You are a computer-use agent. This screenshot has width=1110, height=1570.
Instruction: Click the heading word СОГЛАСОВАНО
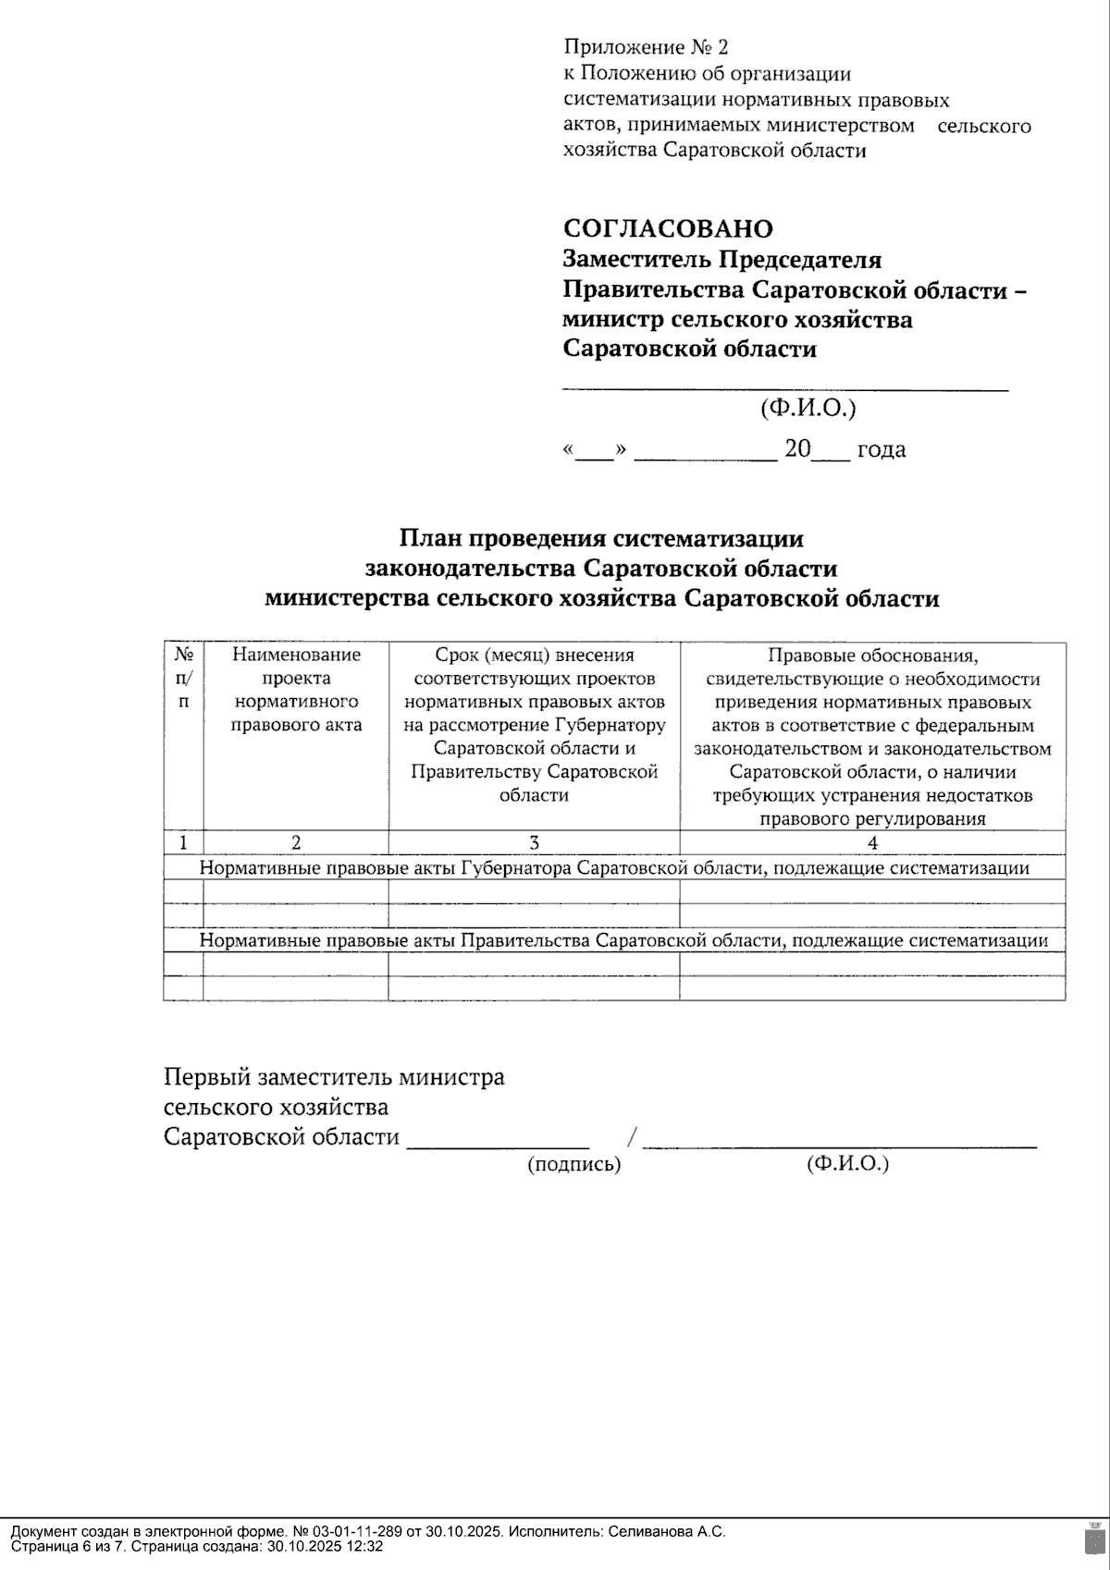pyautogui.click(x=668, y=228)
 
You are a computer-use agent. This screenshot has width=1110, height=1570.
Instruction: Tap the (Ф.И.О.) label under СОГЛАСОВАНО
pyautogui.click(x=808, y=408)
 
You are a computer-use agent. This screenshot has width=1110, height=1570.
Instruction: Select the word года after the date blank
pyautogui.click(x=881, y=450)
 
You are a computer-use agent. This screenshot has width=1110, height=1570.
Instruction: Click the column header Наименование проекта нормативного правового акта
pyautogui.click(x=296, y=690)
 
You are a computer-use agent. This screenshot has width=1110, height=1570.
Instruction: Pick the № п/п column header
pyautogui.click(x=183, y=678)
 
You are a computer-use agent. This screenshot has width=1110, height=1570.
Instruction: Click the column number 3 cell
pyautogui.click(x=534, y=842)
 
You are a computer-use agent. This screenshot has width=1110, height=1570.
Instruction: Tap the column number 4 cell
pyautogui.click(x=872, y=842)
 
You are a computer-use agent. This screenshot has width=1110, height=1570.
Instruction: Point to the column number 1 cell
pyautogui.click(x=183, y=842)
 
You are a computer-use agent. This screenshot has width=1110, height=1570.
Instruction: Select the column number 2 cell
pyautogui.click(x=296, y=842)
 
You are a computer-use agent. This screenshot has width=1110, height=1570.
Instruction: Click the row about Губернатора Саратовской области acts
pyautogui.click(x=614, y=868)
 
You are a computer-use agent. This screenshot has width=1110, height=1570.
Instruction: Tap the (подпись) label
pyautogui.click(x=573, y=1165)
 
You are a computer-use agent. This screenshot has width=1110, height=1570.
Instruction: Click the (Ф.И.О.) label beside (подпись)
pyautogui.click(x=847, y=1163)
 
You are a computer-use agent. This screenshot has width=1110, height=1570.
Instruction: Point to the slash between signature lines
pyautogui.click(x=633, y=1137)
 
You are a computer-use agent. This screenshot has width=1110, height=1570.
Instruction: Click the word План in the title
pyautogui.click(x=432, y=538)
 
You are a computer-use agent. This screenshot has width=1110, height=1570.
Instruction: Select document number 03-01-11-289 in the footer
pyautogui.click(x=356, y=1531)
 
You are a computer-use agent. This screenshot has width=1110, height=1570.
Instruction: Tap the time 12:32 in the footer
pyautogui.click(x=366, y=1546)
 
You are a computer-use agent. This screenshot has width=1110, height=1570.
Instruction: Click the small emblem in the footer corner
pyautogui.click(x=1092, y=1537)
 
